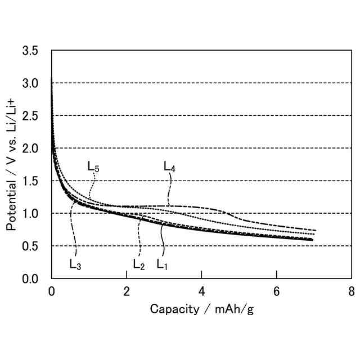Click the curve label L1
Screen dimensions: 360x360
pos(162,264)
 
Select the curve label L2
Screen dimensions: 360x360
pos(139,264)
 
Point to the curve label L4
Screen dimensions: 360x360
pos(169,166)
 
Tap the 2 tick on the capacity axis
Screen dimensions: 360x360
pos(127,291)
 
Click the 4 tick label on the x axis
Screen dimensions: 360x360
pos(201,291)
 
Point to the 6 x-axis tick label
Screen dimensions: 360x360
pos(276,291)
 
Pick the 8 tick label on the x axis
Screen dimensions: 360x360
pos(351,291)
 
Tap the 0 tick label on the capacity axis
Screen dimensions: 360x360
pos(52,291)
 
